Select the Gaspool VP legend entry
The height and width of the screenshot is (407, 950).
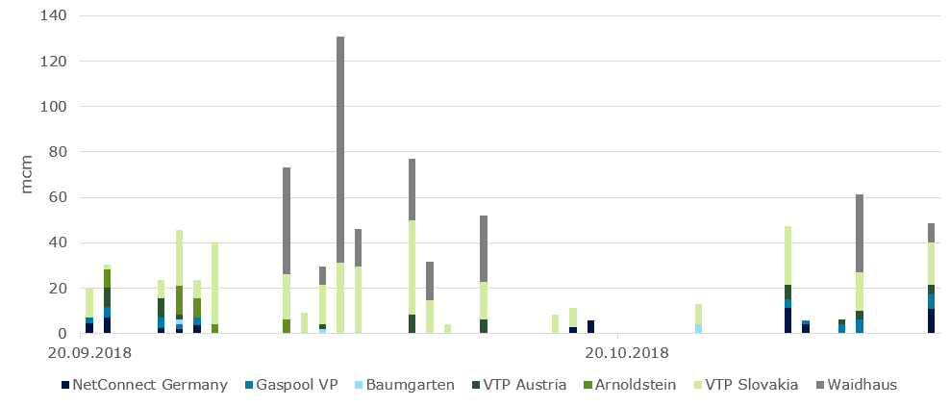295,385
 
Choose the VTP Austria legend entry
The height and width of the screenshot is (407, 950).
525,385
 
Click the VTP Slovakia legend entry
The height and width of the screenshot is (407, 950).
751,385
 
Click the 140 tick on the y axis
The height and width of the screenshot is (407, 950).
53,16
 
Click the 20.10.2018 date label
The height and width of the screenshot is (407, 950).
626,352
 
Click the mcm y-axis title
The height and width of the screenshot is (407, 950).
27,174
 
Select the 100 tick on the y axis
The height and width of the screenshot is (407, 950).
53,107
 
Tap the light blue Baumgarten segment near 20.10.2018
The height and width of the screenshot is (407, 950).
698,328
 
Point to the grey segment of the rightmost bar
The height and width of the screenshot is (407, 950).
931,233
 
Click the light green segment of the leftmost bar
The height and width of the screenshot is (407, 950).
89,302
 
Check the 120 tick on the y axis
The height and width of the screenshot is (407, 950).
53,62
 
